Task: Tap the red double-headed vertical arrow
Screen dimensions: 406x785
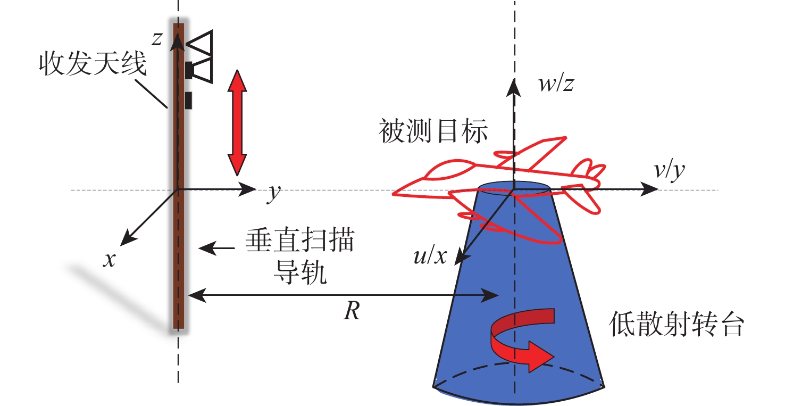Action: coord(237,123)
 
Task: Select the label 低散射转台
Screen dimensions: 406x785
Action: coord(675,325)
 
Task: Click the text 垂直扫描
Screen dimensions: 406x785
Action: coord(299,243)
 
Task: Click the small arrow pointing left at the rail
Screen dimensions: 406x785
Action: coord(216,247)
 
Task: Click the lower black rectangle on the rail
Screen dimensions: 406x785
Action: coord(188,100)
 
